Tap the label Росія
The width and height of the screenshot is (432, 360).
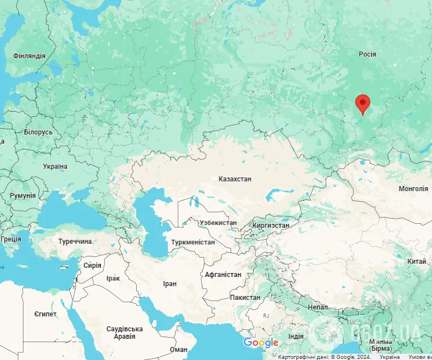367,54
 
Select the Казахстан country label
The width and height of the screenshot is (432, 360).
235,179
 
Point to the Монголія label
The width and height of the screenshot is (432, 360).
413,188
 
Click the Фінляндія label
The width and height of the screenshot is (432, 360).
29,56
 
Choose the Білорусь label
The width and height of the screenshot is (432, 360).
38,132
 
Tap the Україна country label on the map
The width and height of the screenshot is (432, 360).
55,166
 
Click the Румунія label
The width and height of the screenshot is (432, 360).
22,195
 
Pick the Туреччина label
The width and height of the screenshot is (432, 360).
75,241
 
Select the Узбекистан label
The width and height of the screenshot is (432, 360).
218,222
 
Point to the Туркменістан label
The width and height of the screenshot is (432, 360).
193,242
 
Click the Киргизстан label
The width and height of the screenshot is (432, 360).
271,226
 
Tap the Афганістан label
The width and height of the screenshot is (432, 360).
223,274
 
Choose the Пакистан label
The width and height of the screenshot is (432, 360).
245,297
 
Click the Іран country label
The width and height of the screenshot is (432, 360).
169,283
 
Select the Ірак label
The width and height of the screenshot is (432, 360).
113,278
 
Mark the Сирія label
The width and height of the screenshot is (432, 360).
92,265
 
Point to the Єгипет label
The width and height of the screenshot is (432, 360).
45,314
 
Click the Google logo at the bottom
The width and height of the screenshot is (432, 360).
261,342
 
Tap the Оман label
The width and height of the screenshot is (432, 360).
179,349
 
